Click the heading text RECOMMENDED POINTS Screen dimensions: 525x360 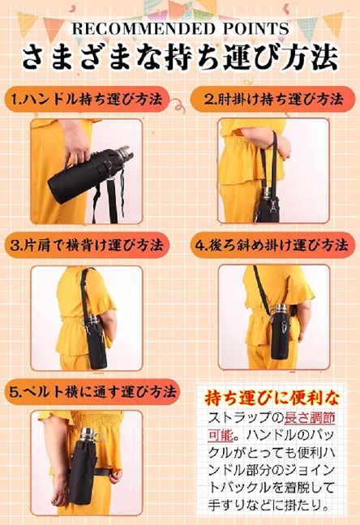[180, 29]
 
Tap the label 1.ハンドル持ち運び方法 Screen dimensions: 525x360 [88, 100]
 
